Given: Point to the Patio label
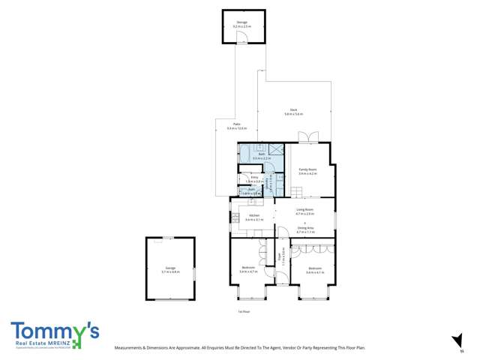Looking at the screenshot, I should click(x=236, y=126).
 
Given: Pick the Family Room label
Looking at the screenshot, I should click(x=307, y=171).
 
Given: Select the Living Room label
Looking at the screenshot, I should click(x=304, y=211).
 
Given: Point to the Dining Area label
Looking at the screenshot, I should click(x=304, y=230).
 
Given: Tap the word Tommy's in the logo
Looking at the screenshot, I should click(x=55, y=331).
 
